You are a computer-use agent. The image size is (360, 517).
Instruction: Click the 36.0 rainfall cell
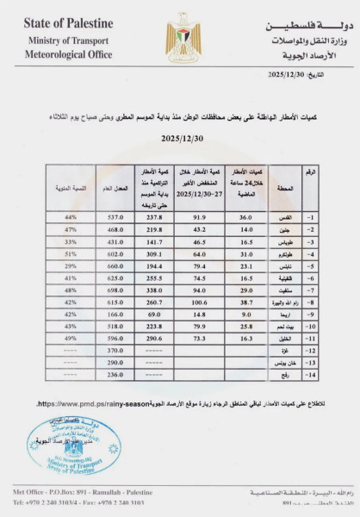[245, 218]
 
